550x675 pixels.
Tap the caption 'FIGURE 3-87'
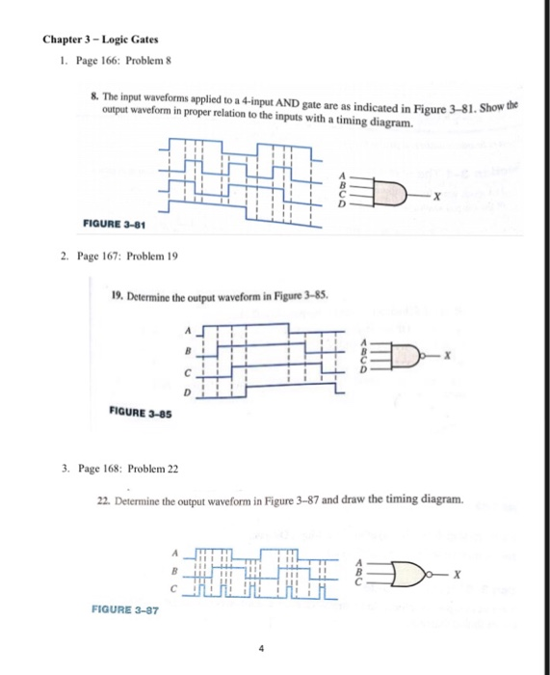(125, 609)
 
